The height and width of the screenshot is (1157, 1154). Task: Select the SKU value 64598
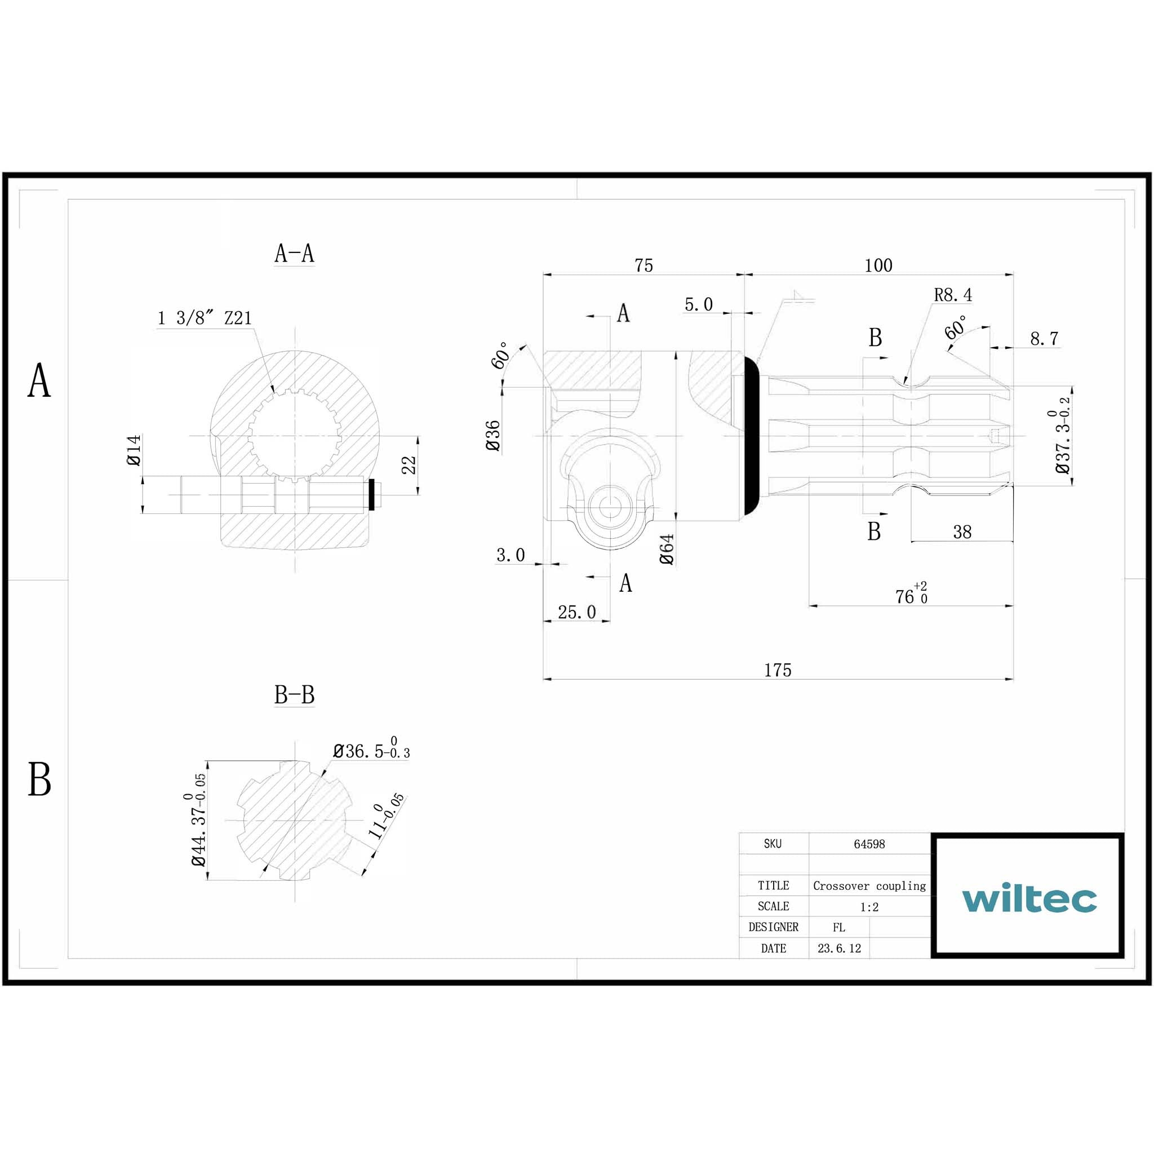[x=869, y=844]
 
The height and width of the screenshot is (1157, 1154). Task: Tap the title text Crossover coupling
[x=869, y=886]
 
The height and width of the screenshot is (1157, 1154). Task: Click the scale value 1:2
[x=869, y=907]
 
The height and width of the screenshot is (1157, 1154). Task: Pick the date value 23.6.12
[x=839, y=948]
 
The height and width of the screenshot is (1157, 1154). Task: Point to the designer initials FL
[x=838, y=928]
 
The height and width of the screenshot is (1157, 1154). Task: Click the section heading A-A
[x=294, y=253]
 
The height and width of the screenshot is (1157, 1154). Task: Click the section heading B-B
[x=294, y=695]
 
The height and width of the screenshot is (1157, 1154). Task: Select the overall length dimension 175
[x=778, y=670]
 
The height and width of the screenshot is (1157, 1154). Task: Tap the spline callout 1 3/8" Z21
[x=204, y=318]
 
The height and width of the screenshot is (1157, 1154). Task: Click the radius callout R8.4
[x=953, y=295]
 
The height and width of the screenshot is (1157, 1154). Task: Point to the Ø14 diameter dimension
[x=134, y=450]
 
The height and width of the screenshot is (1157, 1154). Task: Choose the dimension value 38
[x=962, y=532]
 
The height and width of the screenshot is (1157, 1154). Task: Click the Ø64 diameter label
[x=667, y=549]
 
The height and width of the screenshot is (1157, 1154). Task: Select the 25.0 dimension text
[x=576, y=612]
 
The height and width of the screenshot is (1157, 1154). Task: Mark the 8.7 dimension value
[x=1044, y=339]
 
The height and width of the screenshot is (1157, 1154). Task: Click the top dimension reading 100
[x=878, y=265]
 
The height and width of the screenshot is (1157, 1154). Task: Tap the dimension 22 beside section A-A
[x=409, y=466]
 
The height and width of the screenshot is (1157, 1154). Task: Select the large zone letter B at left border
[x=39, y=780]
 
